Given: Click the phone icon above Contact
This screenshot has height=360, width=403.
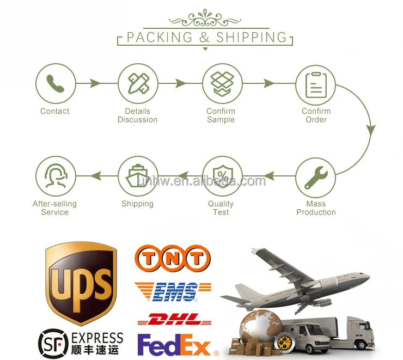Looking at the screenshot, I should click(55, 84).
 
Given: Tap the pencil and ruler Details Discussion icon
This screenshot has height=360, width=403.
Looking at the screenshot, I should click(138, 84).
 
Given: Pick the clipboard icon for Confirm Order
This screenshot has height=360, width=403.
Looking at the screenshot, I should click(316, 84).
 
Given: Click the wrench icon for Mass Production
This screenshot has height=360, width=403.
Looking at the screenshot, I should click(316, 176).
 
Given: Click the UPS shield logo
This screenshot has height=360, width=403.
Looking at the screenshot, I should click(81, 283).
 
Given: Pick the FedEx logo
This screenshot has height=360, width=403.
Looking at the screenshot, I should click(174, 345).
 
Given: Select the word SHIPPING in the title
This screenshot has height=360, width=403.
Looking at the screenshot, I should click(251, 38).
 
